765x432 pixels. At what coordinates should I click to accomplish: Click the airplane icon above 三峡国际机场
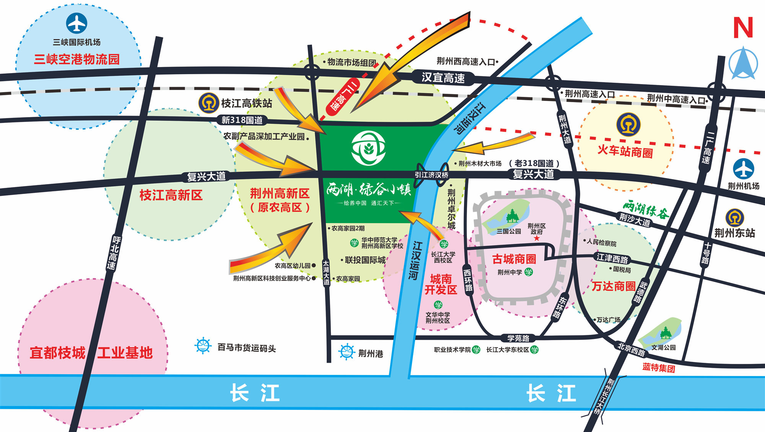76,23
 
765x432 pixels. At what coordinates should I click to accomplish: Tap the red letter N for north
743,28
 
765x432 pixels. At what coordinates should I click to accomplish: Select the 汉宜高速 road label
443,78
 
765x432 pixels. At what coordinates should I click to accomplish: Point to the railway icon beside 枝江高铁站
208,103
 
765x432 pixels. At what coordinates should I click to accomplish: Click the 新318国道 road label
242,120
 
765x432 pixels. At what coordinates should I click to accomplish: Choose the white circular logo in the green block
368,148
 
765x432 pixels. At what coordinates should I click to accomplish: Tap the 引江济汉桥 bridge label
431,175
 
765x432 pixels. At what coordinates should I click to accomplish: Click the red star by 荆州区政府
537,238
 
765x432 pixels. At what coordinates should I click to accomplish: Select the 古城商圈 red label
514,259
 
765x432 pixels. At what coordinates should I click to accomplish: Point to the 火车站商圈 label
625,151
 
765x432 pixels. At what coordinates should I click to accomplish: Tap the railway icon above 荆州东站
734,218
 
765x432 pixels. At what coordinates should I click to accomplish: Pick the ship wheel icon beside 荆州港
347,352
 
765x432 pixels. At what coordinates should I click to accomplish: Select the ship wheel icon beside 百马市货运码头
203,346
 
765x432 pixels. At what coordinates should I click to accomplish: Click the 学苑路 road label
518,338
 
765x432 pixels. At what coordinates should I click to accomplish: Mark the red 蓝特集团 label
659,368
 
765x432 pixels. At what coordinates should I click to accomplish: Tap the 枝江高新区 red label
171,195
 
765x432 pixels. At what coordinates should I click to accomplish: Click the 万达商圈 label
613,286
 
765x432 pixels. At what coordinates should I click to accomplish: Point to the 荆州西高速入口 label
466,61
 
